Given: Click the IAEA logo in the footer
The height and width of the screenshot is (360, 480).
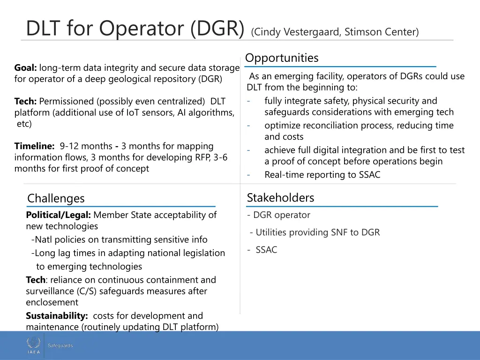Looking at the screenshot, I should point(33,345).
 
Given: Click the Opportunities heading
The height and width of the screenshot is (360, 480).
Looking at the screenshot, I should point(282,58).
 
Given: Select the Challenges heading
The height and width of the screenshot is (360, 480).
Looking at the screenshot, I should point(56,198).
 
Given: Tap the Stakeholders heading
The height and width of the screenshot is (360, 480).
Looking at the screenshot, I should point(280,198).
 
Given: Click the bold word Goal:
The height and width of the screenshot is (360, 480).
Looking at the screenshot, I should point(26,68).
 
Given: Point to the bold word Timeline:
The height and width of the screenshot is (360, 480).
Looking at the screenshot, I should point(34,146).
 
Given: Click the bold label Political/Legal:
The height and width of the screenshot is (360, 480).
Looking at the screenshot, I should point(58,215).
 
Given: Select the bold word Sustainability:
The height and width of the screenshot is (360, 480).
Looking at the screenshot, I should point(57,316).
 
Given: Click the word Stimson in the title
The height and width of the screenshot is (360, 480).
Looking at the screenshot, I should point(363,32).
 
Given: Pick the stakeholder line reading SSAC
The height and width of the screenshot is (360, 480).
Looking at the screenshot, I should point(266,250).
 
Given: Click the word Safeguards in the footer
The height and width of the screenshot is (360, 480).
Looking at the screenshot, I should point(60,346).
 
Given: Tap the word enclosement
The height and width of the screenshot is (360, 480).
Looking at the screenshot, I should point(52,302).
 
